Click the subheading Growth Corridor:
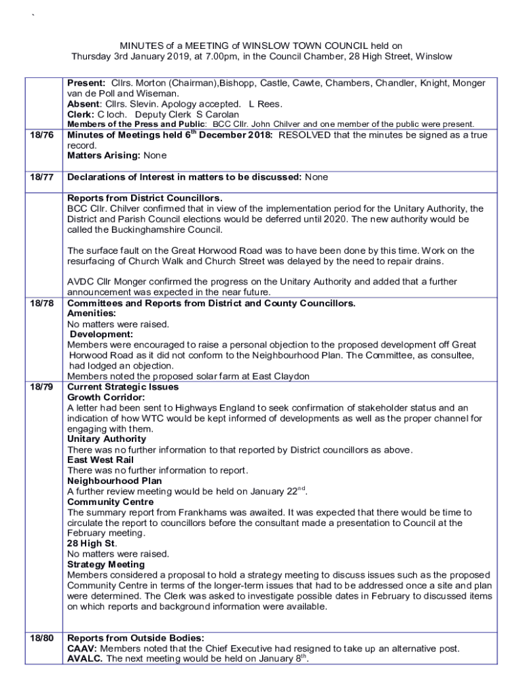click(106, 397)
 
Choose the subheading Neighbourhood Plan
click(114, 481)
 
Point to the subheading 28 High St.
click(92, 543)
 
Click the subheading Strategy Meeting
click(106, 564)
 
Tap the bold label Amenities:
click(92, 314)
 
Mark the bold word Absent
click(83, 104)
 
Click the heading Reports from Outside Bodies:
click(135, 638)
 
